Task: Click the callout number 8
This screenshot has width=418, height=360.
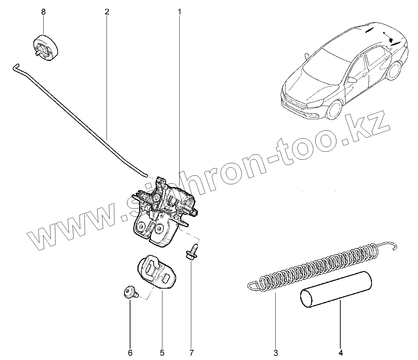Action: pos(44,12)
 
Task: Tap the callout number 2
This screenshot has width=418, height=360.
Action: pos(107,12)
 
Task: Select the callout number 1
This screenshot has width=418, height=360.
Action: pos(179,12)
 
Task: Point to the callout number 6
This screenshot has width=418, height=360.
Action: pos(130,353)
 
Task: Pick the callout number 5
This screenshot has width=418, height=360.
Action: pos(162,353)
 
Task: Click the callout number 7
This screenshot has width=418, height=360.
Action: pos(192,353)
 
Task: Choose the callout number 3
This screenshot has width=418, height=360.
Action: pos(276,353)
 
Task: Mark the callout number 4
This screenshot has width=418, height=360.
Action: pos(340,353)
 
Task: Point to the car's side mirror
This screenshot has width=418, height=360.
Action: pos(351,81)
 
